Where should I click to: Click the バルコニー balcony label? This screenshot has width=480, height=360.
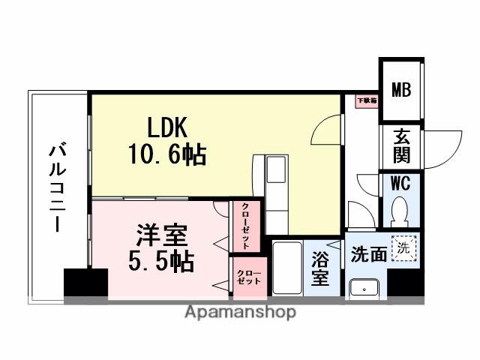[56, 187]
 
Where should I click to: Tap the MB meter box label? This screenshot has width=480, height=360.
[401, 91]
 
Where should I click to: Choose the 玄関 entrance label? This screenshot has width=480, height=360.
[402, 147]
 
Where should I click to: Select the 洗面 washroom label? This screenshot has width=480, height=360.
[368, 254]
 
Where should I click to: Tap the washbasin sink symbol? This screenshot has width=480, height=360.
[366, 286]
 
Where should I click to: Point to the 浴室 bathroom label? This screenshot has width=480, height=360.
[320, 268]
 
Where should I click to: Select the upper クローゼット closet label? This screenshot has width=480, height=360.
[245, 225]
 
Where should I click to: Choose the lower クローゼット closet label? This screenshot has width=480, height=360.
[247, 276]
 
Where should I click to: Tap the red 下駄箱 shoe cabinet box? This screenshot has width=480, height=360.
[365, 100]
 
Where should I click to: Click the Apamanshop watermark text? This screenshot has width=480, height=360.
[240, 312]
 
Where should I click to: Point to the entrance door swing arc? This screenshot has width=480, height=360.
[450, 142]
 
